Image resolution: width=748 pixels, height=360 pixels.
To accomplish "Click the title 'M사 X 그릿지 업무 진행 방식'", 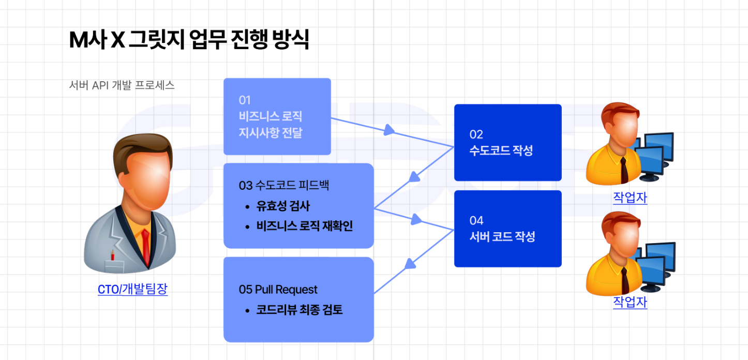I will [189, 40].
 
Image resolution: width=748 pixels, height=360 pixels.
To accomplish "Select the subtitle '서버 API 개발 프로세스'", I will [122, 85].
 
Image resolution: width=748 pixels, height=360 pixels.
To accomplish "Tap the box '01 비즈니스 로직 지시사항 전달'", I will [277, 116].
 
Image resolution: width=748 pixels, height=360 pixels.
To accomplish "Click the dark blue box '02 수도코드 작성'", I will [507, 143].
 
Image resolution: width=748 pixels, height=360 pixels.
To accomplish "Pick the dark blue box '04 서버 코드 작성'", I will [507, 229].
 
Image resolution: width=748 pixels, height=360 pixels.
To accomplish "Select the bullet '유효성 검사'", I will [283, 206].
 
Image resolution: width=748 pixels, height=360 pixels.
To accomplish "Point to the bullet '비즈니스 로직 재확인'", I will [304, 226].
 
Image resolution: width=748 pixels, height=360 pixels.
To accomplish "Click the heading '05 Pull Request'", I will [278, 290].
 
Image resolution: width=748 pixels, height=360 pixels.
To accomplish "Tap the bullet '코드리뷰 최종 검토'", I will [299, 310].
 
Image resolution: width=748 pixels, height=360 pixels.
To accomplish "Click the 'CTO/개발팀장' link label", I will [132, 289].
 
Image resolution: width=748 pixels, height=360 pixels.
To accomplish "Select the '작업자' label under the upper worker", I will [630, 198].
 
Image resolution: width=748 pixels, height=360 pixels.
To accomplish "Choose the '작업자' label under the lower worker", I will [630, 302].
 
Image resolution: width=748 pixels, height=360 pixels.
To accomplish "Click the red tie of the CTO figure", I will [145, 246].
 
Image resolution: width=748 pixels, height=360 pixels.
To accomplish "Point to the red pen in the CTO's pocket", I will [112, 255].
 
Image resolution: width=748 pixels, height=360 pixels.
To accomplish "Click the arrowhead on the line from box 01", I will [392, 130].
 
